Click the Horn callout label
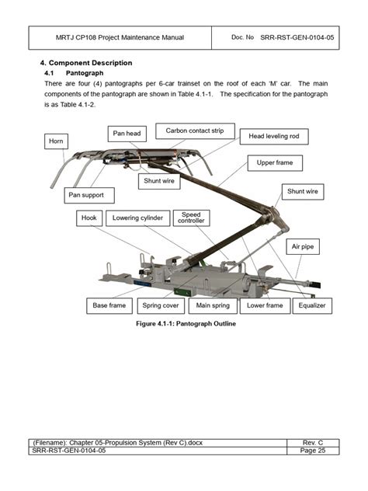pos(56,141)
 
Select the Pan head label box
pos(128,134)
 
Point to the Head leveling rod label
pos(274,136)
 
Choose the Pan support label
pos(89,195)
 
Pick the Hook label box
pos(89,218)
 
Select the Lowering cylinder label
pos(137,218)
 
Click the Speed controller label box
pos(191,218)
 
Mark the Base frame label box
pos(109,305)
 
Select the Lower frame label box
pos(265,305)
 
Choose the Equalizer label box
pos(311,305)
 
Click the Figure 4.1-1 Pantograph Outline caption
pos(185,323)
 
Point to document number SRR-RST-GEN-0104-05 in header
pos(297,37)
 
